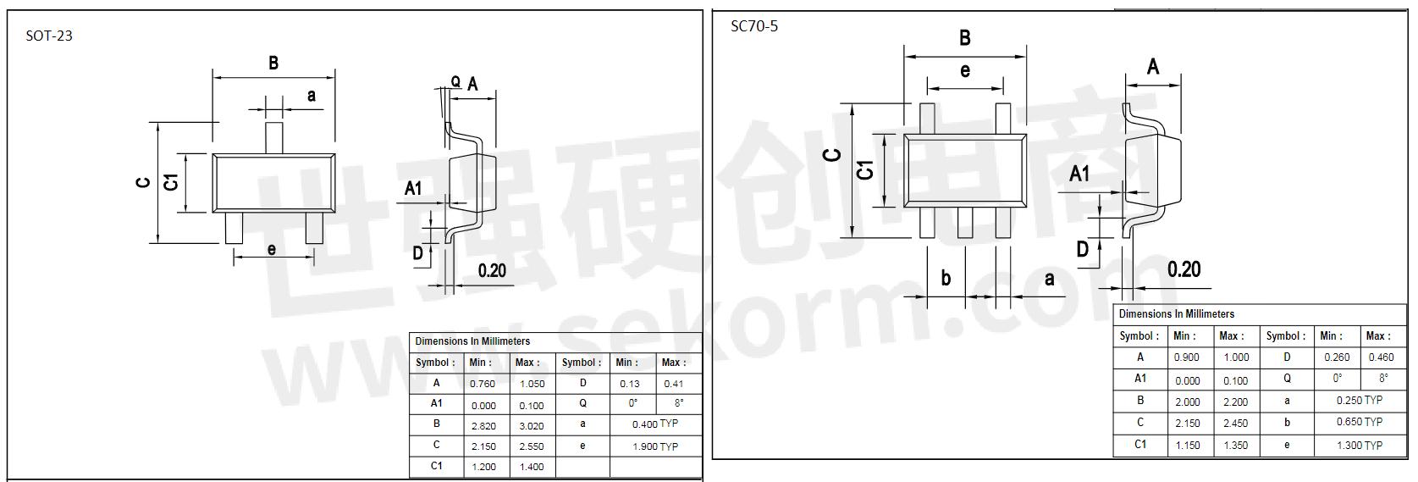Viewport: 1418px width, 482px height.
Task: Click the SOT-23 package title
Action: coord(49,36)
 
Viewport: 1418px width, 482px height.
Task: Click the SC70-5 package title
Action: coord(754,26)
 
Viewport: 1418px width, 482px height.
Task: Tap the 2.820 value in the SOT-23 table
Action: coord(483,425)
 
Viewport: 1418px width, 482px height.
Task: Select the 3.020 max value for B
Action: coord(532,425)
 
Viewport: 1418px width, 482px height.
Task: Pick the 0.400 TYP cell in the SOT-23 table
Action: coord(654,424)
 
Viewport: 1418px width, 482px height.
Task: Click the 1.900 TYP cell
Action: coord(654,446)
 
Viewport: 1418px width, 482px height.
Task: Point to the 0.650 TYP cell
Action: coord(1359,422)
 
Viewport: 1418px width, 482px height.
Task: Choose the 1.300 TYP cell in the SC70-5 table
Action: coord(1359,445)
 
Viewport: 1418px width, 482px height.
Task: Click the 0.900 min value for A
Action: coord(1186,357)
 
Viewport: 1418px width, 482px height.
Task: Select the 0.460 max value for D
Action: coord(1380,357)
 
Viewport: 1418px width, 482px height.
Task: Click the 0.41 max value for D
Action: coord(674,384)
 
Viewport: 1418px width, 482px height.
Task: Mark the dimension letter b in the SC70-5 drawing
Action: coord(946,278)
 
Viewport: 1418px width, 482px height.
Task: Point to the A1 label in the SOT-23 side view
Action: coord(412,188)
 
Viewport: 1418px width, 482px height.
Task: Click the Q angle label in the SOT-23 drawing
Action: coord(455,81)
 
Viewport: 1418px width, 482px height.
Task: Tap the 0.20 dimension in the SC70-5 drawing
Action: coord(1184,269)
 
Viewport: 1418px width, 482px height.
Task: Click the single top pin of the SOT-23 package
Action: coord(274,137)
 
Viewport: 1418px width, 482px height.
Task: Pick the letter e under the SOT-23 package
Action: coord(271,249)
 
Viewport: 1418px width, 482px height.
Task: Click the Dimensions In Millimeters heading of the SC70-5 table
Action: coord(1176,313)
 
